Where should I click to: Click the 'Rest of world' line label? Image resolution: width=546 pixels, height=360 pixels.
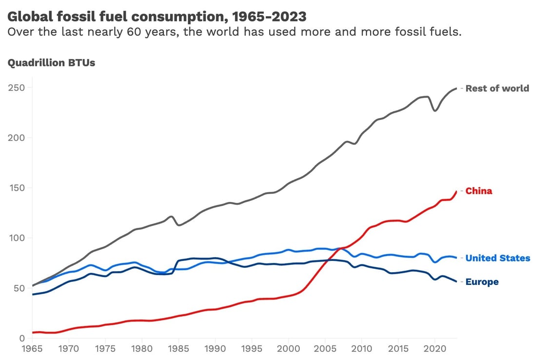[x=497, y=88]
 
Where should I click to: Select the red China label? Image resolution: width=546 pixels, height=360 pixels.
[x=479, y=191]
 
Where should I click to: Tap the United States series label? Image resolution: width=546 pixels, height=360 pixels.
[x=498, y=258]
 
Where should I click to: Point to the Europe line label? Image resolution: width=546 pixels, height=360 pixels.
[x=482, y=282]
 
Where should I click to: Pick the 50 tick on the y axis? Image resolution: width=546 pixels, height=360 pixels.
[x=19, y=288]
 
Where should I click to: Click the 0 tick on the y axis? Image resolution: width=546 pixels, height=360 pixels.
[x=21, y=339]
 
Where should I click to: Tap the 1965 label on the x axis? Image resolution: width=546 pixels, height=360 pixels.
[x=32, y=349]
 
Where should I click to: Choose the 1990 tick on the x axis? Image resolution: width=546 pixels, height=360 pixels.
[x=215, y=349]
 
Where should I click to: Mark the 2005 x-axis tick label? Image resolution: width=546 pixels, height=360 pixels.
[x=325, y=349]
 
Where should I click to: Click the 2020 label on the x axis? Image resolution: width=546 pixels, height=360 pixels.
[x=434, y=349]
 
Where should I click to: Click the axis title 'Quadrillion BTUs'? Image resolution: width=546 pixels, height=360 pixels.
[x=51, y=63]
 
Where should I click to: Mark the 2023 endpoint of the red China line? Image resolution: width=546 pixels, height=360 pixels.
[x=456, y=192]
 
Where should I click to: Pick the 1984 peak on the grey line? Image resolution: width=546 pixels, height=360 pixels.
[x=172, y=217]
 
